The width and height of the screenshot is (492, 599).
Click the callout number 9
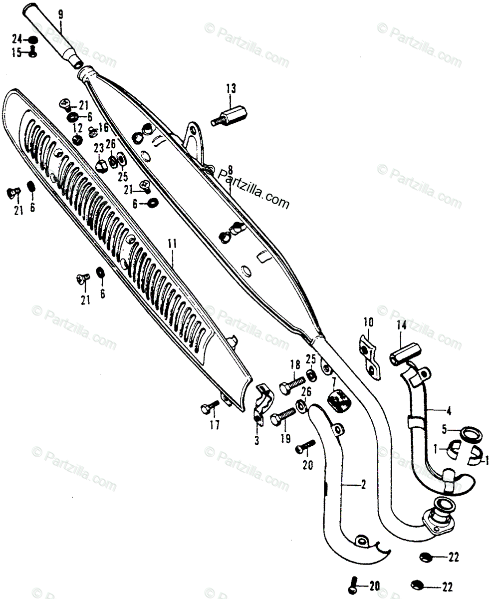(61, 14)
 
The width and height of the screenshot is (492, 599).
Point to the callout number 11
(173, 245)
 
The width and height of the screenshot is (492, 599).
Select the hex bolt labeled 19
(283, 416)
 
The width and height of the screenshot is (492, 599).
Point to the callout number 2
(363, 485)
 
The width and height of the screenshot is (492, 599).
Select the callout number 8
(230, 169)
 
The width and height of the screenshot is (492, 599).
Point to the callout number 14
(402, 326)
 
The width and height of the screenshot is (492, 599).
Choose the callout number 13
(230, 89)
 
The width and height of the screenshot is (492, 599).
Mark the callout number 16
(103, 127)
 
